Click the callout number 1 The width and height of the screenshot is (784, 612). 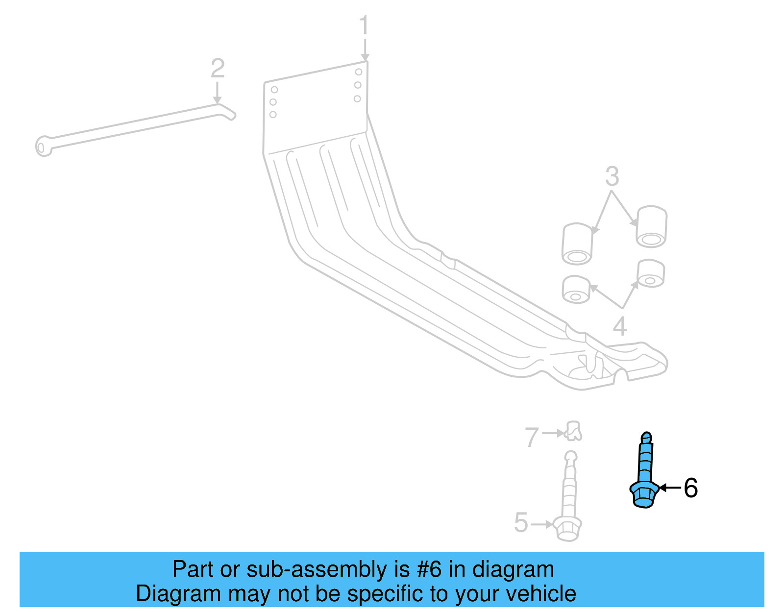point(363,25)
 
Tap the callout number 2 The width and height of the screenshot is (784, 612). point(218,69)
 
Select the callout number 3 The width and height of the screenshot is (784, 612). point(612,176)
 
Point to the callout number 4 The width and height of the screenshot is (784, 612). point(620,326)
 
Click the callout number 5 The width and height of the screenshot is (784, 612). point(521,522)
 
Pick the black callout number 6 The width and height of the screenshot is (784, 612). point(690,488)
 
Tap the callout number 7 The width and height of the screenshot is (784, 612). point(532,437)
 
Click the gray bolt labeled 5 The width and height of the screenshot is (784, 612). point(569,500)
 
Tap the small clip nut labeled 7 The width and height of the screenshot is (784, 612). point(573,431)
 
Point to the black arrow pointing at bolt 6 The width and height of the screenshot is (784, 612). point(670,488)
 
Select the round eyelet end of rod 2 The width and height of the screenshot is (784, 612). point(43,146)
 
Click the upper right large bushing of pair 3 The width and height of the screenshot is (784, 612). point(651,226)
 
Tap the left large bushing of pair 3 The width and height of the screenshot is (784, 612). point(577,244)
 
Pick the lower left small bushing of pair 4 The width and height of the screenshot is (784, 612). point(576,290)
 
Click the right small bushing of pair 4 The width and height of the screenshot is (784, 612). point(651,273)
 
